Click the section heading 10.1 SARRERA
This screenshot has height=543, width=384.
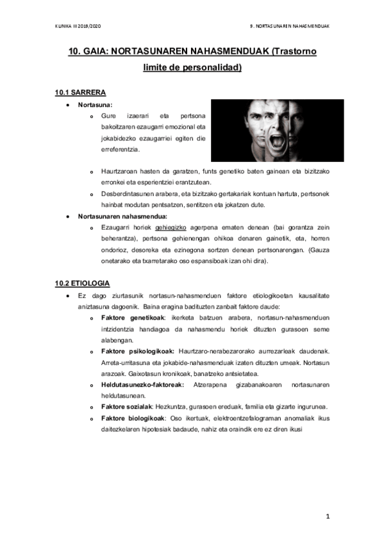81,92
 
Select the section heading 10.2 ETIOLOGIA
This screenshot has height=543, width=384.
83,282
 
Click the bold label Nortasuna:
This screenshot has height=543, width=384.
95,104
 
